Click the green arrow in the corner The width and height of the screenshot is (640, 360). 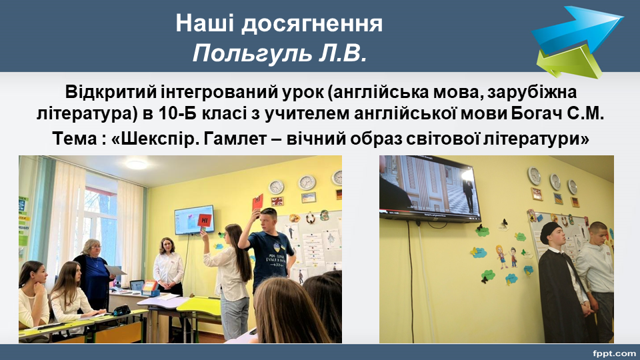(x=570, y=61)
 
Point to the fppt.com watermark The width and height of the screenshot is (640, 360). (x=614, y=353)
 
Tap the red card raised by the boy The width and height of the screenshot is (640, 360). (x=257, y=202)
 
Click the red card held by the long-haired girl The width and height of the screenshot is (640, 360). (x=205, y=219)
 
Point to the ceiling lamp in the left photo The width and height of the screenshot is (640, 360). (x=136, y=165)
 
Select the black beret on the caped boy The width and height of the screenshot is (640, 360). (x=549, y=231)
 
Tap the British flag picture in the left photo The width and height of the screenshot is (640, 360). (x=277, y=201)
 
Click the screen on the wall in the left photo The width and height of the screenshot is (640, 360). (x=194, y=221)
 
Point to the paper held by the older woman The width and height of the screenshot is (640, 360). (x=115, y=270)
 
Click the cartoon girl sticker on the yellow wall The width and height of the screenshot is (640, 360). (x=501, y=256)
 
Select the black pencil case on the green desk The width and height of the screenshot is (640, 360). (x=121, y=311)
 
